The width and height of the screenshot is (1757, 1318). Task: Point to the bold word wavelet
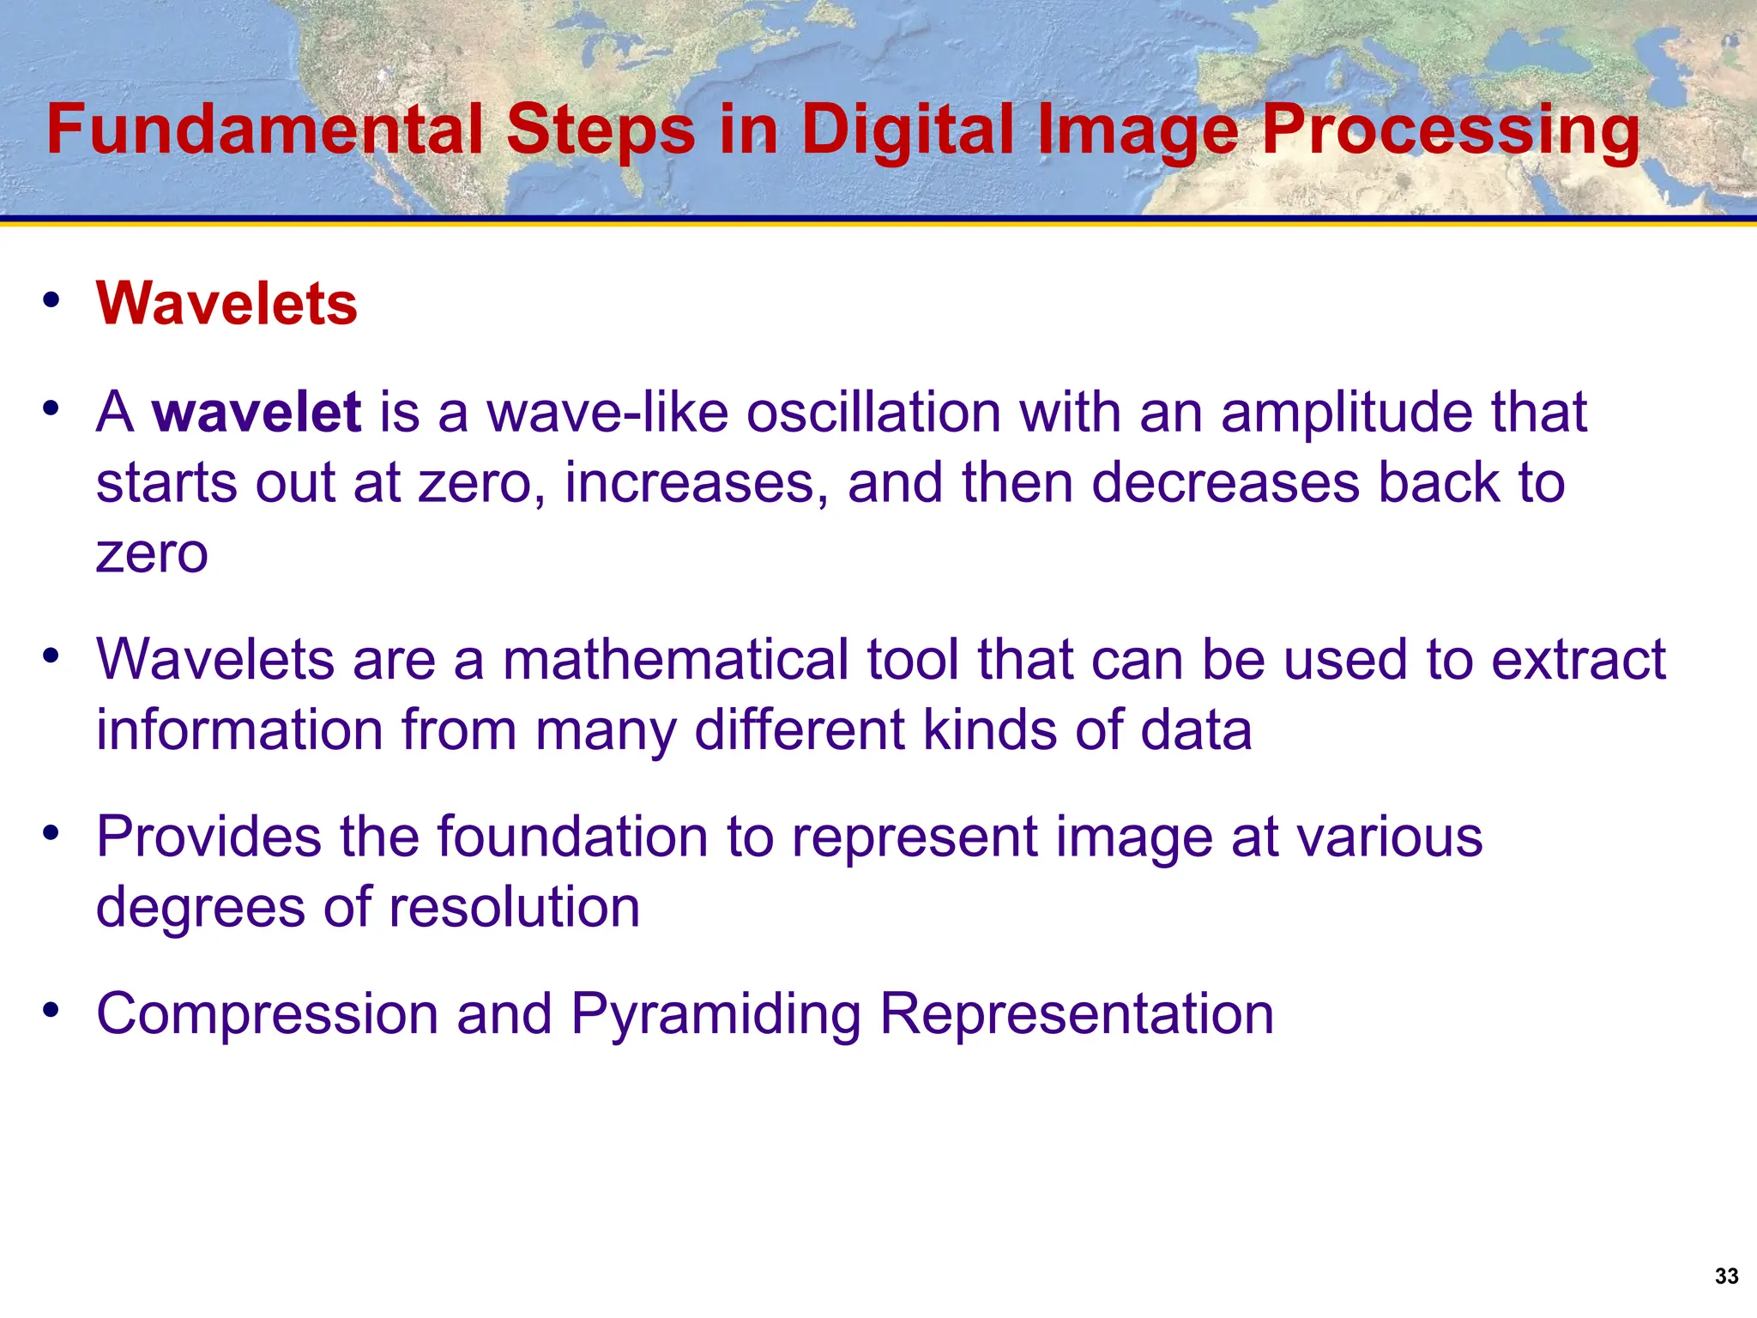pos(257,412)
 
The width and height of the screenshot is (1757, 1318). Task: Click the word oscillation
pos(873,412)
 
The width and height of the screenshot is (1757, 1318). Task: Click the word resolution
pos(515,907)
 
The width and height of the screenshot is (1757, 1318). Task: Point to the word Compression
pos(267,1013)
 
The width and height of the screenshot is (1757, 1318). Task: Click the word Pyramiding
pos(715,1013)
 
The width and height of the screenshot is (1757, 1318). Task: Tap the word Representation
pos(1077,1013)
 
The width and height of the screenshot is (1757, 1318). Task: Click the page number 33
pos(1726,1276)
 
